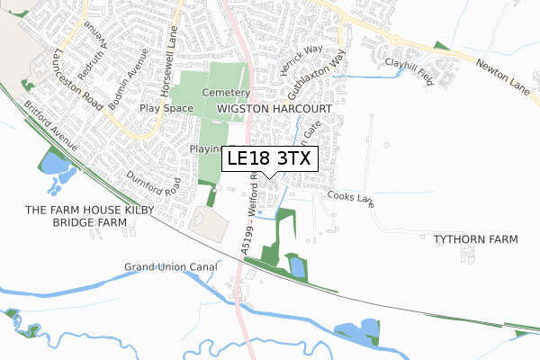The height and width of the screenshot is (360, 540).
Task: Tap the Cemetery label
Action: (x=225, y=93)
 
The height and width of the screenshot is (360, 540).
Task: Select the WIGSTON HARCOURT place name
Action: (x=274, y=108)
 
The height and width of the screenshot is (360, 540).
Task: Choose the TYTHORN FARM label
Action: (x=476, y=240)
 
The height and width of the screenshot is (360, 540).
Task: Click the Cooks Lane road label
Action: (x=350, y=198)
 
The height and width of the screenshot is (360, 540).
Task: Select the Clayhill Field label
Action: (x=409, y=64)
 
